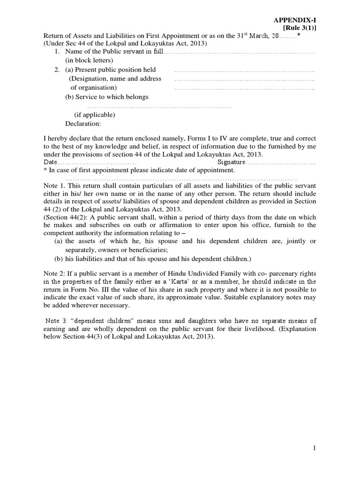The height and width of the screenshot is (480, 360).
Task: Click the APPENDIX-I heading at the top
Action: (x=295, y=20)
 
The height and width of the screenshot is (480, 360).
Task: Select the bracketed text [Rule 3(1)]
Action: (x=300, y=28)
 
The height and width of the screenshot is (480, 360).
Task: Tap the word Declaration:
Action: (x=82, y=124)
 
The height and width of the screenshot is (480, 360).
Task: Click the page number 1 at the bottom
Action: (x=315, y=448)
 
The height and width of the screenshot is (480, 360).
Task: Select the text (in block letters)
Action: (x=89, y=60)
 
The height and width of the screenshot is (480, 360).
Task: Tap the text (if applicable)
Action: (x=95, y=115)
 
